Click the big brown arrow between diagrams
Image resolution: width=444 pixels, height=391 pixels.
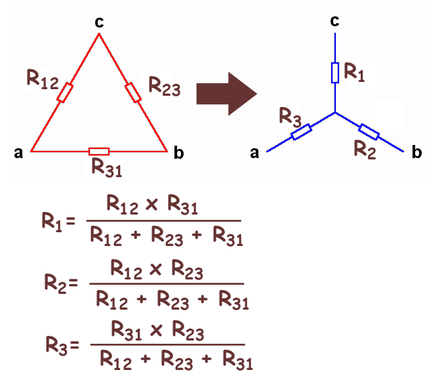click(x=226, y=94)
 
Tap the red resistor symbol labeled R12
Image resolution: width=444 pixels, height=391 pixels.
click(x=65, y=93)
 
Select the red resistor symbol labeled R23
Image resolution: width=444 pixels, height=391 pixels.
click(x=132, y=93)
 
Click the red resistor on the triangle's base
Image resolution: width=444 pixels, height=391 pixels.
click(x=99, y=152)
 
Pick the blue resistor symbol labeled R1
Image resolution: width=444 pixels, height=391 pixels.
click(x=335, y=73)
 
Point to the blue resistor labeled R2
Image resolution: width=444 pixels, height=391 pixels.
click(x=369, y=132)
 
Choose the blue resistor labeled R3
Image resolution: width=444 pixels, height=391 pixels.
click(x=301, y=132)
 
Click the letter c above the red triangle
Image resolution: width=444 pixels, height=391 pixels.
click(x=99, y=22)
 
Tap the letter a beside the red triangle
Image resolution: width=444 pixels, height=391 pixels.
click(x=18, y=153)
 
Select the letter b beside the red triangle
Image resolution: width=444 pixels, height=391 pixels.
click(x=178, y=152)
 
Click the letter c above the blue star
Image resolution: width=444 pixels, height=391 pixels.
click(x=334, y=21)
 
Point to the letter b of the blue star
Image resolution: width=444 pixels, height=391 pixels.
click(x=417, y=152)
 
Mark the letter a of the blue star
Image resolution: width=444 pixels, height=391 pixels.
click(x=254, y=153)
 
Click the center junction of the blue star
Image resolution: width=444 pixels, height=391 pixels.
click(x=335, y=113)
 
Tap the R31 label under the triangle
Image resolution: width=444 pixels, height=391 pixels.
click(x=107, y=168)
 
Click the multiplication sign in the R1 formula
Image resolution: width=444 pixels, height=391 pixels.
click(x=151, y=204)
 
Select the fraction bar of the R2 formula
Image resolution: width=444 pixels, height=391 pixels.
click(x=167, y=283)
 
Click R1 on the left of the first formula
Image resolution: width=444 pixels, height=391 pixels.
click(x=52, y=222)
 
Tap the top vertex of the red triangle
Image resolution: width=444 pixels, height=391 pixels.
click(x=99, y=33)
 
